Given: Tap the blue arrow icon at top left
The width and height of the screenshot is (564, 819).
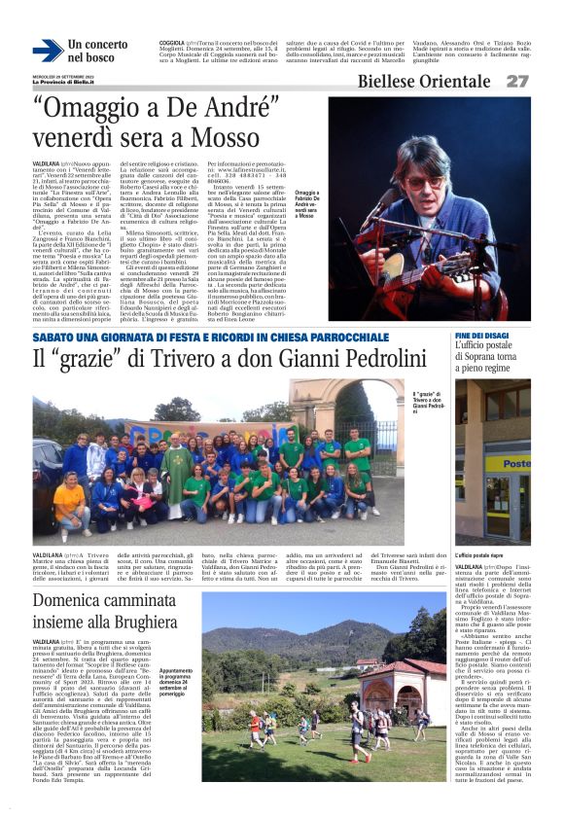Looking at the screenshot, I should pyautogui.click(x=47, y=51).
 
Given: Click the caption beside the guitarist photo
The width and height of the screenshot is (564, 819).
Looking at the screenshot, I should pyautogui.click(x=307, y=203).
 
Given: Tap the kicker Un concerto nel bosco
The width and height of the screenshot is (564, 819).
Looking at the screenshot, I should pyautogui.click(x=97, y=51).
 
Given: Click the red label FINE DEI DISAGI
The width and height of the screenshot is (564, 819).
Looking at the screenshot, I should pyautogui.click(x=483, y=336).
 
